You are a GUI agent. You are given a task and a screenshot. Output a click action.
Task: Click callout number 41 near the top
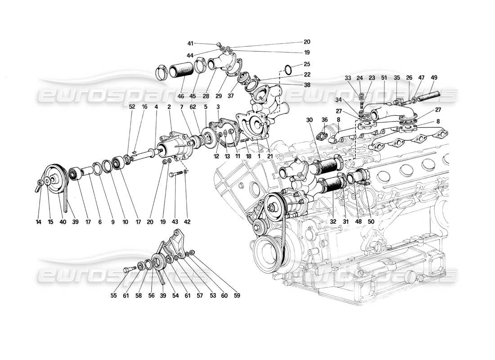(x=190, y=44)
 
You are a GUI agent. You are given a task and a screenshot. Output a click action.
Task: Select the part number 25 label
(x=307, y=64)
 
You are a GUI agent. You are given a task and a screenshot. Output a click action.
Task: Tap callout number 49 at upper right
(x=434, y=77)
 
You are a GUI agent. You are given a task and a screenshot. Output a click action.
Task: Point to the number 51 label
(x=384, y=77)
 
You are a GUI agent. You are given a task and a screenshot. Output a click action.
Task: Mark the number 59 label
(x=237, y=296)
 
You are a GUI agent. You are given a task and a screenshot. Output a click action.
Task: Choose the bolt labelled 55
(x=128, y=270)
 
